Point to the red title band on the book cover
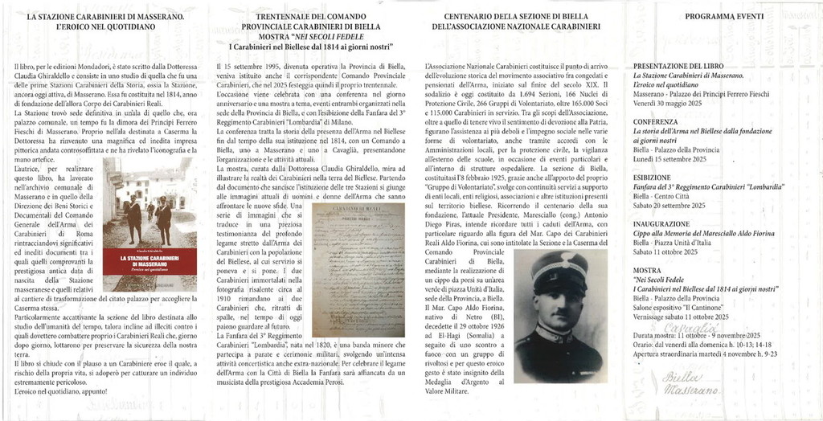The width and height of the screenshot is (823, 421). coord(149,261)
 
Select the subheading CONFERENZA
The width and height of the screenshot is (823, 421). coord(656,123)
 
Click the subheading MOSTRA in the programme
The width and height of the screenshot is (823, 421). coord(648,270)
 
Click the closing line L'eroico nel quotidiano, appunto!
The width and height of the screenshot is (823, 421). coord(61,390)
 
